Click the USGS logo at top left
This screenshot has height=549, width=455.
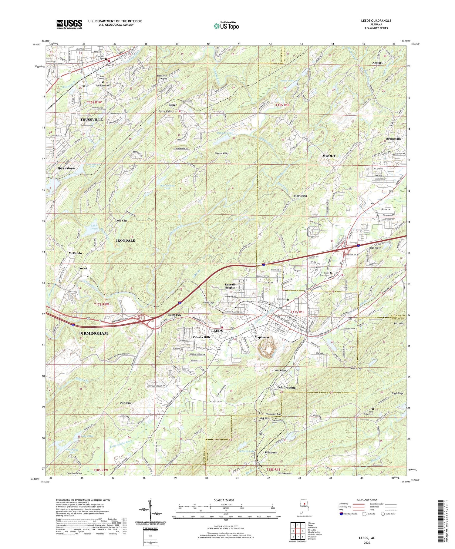click(x=69, y=24)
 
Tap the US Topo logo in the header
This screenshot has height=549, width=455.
click(x=226, y=26)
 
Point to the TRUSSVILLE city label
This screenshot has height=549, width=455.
click(x=91, y=120)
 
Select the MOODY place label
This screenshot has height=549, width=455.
click(x=329, y=156)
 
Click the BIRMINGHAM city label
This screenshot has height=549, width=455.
click(x=93, y=333)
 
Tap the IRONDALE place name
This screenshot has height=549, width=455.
click(x=126, y=240)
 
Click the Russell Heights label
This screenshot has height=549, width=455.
click(x=230, y=286)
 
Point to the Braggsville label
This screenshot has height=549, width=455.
click(x=392, y=138)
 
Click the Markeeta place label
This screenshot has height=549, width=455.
click(x=300, y=196)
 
